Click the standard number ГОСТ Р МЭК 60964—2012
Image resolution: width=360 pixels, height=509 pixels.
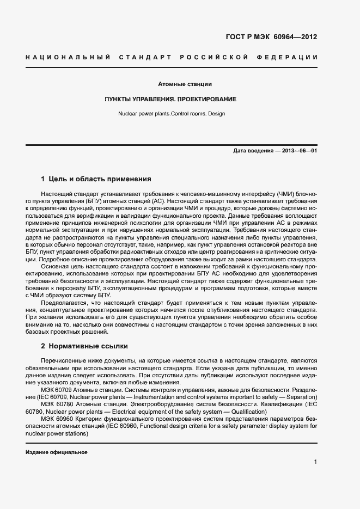coord(271,38)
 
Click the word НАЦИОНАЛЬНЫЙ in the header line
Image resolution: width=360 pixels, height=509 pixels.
coord(68,57)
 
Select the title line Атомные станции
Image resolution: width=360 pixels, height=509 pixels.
coord(185,84)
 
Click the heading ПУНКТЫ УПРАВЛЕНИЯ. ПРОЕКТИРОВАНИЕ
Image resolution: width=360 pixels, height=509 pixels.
coord(170,100)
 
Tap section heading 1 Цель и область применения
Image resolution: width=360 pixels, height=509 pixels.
coord(96,179)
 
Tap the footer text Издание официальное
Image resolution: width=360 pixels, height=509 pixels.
coord(57,452)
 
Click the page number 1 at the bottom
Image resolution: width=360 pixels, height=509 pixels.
coord(315,462)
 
